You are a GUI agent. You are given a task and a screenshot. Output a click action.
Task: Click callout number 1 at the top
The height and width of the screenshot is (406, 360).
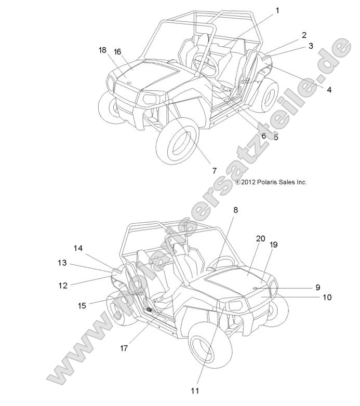277,10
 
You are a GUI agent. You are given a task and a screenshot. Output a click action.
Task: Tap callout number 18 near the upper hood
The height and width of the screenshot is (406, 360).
102,50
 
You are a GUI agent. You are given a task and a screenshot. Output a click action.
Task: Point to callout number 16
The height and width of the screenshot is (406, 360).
117,51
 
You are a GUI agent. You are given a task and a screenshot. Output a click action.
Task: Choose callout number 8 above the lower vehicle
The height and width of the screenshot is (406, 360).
235,210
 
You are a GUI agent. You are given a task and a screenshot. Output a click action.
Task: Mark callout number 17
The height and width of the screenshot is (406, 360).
124,348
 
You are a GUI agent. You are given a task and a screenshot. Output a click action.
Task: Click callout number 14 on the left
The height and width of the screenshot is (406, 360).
78,248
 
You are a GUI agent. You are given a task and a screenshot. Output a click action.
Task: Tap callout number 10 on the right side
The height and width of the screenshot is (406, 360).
327,297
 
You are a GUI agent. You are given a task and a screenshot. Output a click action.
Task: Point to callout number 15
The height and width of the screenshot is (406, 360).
82,306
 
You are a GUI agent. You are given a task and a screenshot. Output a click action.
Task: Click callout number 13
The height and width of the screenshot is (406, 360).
62,263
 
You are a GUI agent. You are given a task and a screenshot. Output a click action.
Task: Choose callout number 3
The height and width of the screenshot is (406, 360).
311,46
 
